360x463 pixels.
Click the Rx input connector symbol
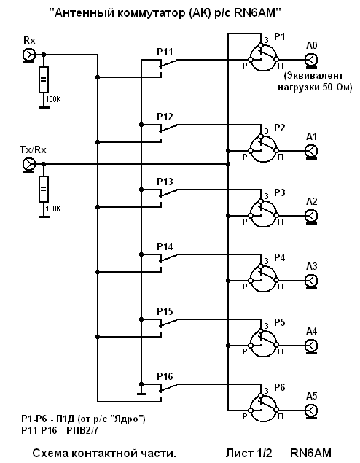point(29,55)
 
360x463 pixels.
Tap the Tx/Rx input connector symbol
point(29,164)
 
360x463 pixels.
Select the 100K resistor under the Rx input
point(44,79)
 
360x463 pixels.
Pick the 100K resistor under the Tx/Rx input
point(44,190)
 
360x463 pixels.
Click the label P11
point(165,52)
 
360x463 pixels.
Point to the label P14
point(165,246)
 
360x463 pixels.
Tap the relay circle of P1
point(263,58)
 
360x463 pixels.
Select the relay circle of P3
point(263,214)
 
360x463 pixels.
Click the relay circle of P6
point(263,408)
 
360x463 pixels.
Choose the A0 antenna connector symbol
point(311,61)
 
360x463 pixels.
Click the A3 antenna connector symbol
point(311,281)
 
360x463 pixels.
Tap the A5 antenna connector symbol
point(311,411)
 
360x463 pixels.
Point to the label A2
point(312,201)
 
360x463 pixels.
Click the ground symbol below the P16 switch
point(141,394)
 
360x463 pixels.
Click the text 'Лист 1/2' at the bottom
point(249,453)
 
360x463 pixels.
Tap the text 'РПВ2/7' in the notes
point(82,430)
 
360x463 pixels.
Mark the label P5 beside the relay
point(280,322)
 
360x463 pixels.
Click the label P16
point(165,376)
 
